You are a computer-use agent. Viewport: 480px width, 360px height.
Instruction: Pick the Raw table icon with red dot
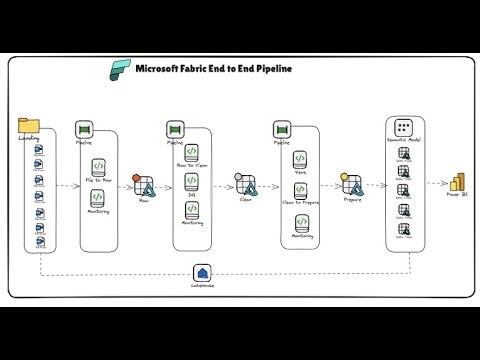tap(143, 184)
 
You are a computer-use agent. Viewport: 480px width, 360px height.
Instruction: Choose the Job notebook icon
tap(190, 181)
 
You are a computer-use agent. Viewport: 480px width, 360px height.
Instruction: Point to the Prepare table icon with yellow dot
tap(351, 184)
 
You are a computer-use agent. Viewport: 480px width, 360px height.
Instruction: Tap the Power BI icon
tap(459, 182)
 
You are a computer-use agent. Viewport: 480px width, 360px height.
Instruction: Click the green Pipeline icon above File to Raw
tap(84, 130)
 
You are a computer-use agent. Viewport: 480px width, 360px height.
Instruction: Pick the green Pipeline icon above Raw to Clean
tap(174, 130)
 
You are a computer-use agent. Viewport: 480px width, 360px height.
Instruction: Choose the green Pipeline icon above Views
tap(282, 130)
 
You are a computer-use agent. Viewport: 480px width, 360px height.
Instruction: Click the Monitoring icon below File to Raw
tap(97, 197)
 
